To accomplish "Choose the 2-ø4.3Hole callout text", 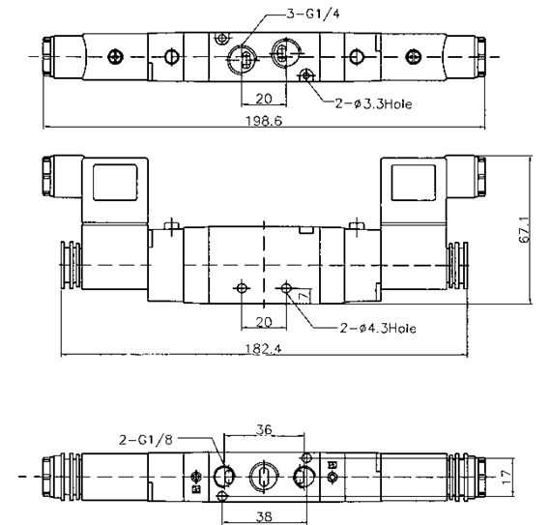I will (x=378, y=328).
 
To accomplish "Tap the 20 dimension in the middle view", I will (x=262, y=321).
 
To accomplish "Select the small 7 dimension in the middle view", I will (x=302, y=294).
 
